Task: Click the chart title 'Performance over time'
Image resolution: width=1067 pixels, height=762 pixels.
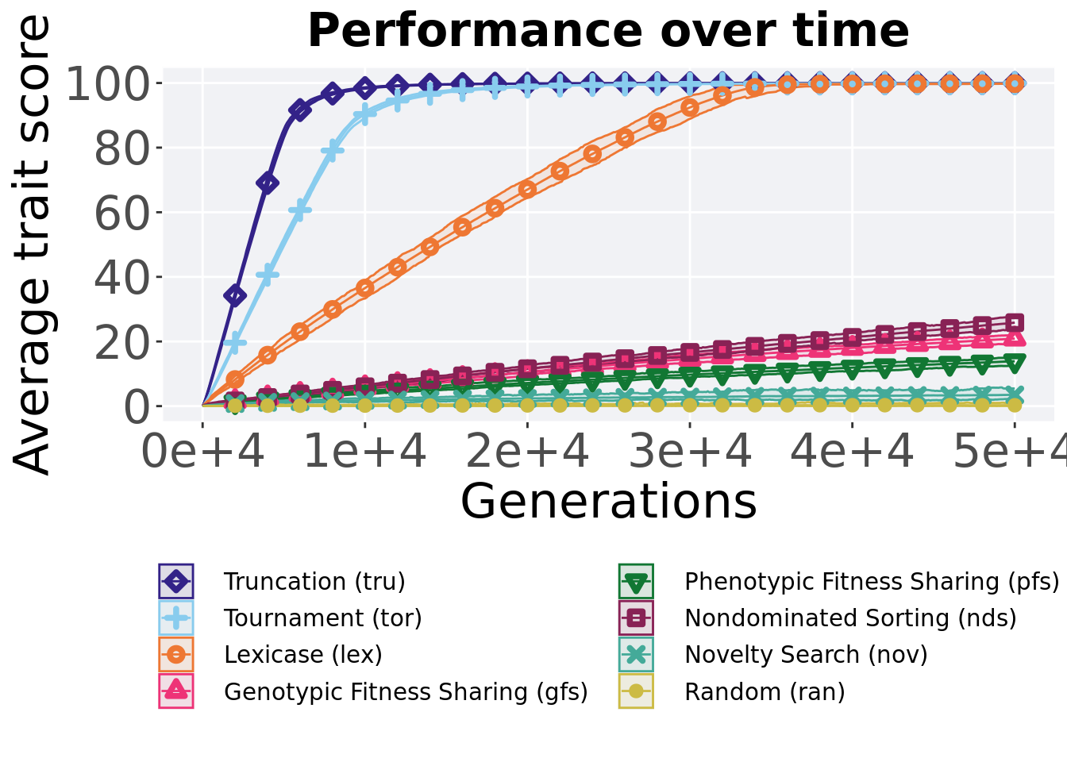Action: (608, 32)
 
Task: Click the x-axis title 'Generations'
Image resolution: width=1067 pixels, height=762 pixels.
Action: (608, 502)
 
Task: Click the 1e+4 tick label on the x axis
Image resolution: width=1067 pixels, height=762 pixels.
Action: (365, 452)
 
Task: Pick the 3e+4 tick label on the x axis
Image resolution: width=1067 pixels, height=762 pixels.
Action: (690, 452)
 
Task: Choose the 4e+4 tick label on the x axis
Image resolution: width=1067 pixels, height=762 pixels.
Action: (852, 452)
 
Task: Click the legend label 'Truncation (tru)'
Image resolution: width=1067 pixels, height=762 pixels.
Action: (314, 582)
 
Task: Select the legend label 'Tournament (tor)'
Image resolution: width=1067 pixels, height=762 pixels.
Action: (322, 618)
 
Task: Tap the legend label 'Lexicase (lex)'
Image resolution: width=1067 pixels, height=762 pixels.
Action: (303, 655)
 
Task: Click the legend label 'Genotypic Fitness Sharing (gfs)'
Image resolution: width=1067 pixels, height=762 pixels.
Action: (406, 692)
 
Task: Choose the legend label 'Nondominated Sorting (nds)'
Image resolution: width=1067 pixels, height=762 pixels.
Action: (850, 618)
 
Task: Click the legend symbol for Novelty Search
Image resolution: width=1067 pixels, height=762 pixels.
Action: (636, 655)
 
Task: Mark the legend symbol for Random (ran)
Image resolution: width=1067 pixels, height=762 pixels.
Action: (636, 691)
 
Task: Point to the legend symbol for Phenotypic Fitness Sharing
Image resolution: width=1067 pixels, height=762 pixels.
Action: (636, 582)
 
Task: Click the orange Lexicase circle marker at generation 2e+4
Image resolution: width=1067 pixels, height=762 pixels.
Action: (527, 189)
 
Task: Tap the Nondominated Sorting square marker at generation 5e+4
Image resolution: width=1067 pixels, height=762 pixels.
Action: (1014, 322)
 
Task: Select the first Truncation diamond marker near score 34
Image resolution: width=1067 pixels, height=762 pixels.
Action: (235, 296)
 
